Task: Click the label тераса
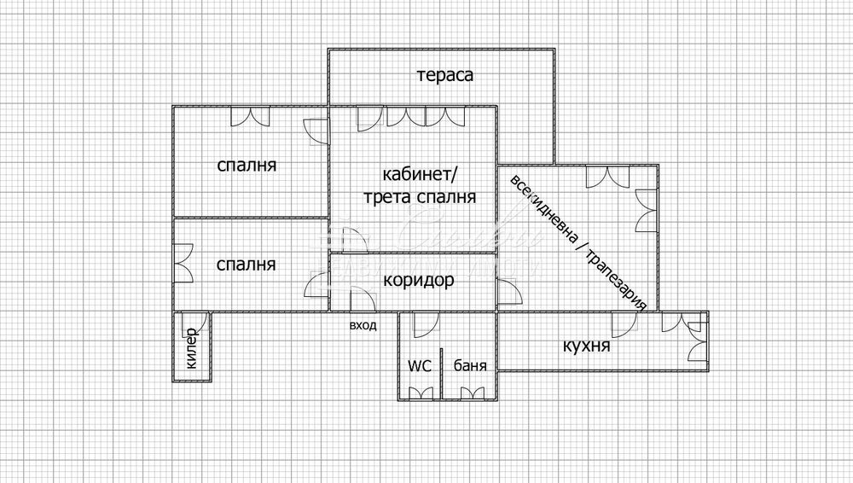point(445,75)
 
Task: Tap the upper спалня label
point(247,165)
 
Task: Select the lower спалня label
point(246,265)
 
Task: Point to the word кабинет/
point(421,175)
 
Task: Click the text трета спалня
point(420,196)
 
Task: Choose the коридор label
point(418,281)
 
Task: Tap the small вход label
point(363,326)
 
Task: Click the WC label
point(420,366)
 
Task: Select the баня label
point(470,365)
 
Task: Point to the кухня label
point(586,346)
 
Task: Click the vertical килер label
point(191,348)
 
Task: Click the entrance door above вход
point(363,299)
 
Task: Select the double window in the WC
point(421,393)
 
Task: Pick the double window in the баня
point(473,393)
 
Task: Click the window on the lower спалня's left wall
point(183,263)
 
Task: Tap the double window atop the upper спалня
point(250,117)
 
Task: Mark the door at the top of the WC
point(426,324)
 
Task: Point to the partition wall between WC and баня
point(442,374)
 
